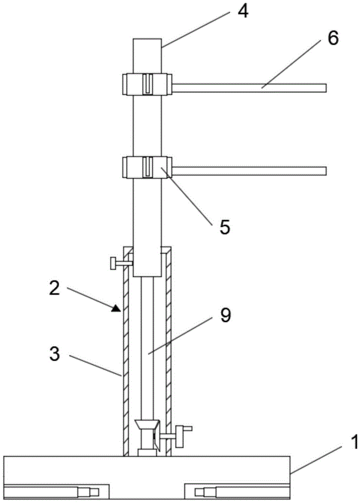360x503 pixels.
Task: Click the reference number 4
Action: coord(242,12)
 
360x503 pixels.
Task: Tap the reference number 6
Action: coord(332,39)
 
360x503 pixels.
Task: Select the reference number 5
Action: coord(225,227)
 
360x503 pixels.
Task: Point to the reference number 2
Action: coord(54,288)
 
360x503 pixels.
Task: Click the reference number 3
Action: coord(54,354)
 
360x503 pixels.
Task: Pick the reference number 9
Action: coord(225,316)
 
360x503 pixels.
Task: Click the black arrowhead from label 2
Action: coord(117,309)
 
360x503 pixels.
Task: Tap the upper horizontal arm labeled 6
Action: coord(249,88)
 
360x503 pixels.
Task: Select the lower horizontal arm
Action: coord(249,171)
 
